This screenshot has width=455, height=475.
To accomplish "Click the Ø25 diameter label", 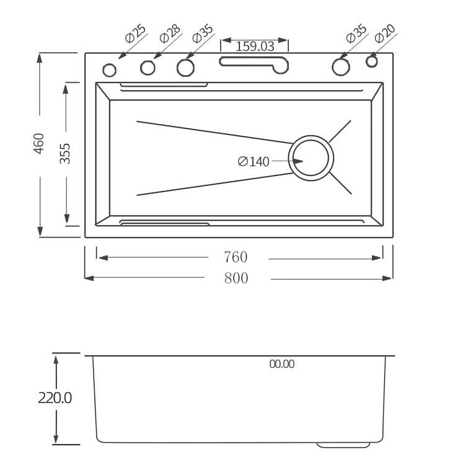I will tap(136, 34).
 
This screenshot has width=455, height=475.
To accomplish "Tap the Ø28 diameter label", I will tap(169, 33).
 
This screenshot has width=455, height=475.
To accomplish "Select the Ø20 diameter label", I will tap(385, 33).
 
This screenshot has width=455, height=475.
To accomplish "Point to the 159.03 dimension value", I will tap(254, 46).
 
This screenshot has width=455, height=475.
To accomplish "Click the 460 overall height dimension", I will tap(39, 144).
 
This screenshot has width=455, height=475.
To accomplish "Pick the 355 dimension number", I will tap(65, 153).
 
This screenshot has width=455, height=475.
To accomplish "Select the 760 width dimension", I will tap(236, 257).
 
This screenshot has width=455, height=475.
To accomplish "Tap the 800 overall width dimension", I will tap(236, 278).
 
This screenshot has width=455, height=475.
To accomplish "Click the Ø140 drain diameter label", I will tap(254, 161).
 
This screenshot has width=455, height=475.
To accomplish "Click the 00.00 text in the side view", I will tap(281, 365).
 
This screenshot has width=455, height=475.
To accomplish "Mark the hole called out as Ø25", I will tap(109, 68).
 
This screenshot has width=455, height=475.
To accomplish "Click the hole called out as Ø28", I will tap(148, 67).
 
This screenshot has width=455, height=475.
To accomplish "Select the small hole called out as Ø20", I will tap(371, 61).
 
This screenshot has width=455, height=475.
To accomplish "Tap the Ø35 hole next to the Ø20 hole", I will tap(340, 66).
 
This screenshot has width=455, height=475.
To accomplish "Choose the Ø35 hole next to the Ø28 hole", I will tap(185, 67).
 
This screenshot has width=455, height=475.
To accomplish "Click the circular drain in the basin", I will tap(311, 158).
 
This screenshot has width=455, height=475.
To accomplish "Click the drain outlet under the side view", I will tap(344, 445).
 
